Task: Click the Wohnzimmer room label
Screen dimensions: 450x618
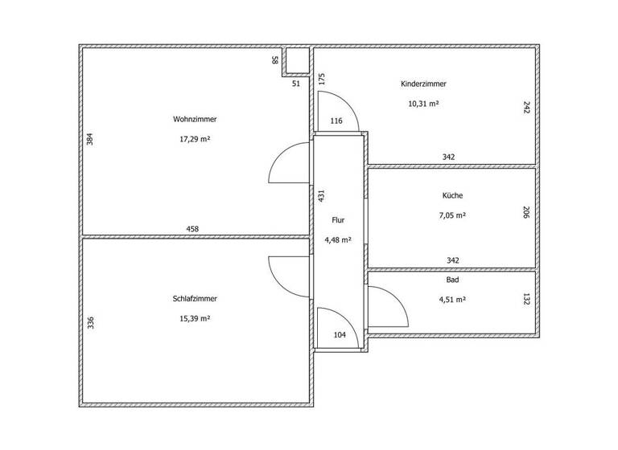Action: (x=195, y=119)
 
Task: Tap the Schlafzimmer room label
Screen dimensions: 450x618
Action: (x=195, y=298)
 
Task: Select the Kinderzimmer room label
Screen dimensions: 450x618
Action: (x=423, y=84)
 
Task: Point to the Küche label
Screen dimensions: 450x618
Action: (x=452, y=195)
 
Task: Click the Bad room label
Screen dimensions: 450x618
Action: (x=452, y=280)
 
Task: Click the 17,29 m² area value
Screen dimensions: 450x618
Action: (x=195, y=139)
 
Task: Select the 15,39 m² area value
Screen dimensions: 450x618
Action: (x=195, y=318)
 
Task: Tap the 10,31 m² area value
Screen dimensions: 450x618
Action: (x=423, y=104)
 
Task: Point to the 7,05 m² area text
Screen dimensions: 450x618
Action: (x=452, y=215)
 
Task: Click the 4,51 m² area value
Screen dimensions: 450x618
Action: (x=452, y=299)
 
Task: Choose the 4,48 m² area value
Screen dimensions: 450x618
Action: (x=338, y=239)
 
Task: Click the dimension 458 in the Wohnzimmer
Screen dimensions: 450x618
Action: (x=192, y=229)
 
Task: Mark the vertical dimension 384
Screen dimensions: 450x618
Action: (x=90, y=138)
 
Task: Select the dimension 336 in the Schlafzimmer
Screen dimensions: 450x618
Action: (x=91, y=323)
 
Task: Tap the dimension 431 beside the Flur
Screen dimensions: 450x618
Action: (x=320, y=194)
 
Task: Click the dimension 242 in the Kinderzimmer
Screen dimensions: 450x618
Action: (x=526, y=107)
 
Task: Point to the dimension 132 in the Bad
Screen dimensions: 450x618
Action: (x=526, y=299)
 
